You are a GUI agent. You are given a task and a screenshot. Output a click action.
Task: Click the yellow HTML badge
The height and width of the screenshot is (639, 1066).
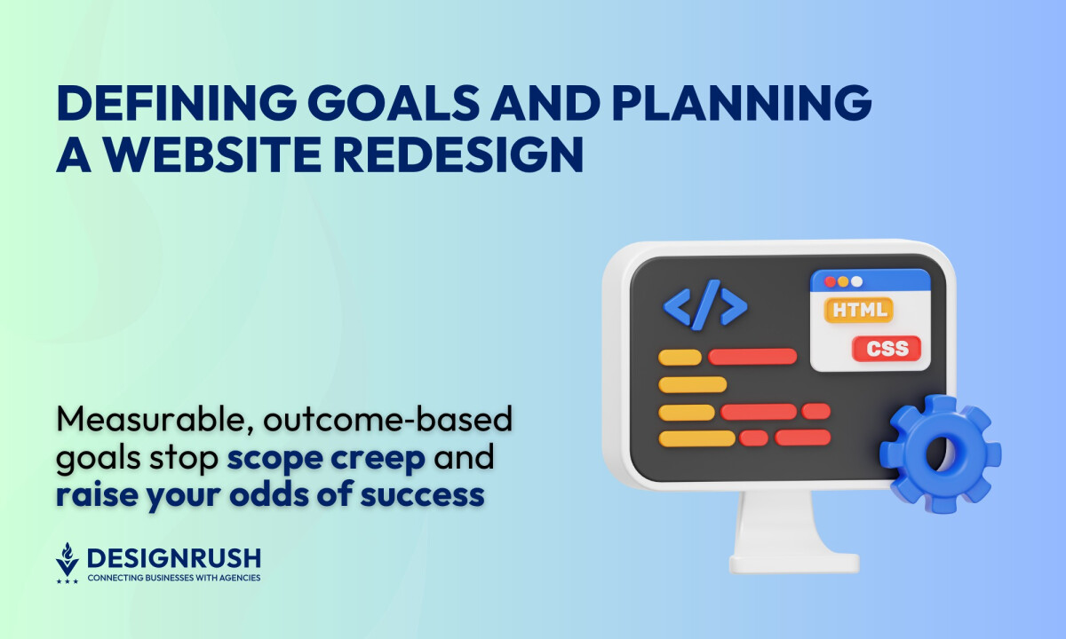tap(859, 310)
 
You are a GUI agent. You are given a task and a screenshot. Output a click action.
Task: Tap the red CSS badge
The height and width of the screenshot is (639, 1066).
tap(887, 348)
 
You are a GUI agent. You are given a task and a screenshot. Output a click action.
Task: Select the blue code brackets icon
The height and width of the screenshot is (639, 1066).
tap(705, 306)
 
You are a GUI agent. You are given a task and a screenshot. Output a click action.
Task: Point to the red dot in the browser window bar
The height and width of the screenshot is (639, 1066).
tap(831, 282)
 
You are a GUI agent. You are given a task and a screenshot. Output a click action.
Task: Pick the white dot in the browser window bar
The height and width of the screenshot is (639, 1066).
tap(856, 282)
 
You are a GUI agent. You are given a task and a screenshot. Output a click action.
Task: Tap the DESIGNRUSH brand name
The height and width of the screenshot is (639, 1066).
tap(173, 558)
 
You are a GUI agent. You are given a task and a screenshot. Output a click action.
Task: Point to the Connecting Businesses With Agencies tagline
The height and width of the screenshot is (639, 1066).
tap(173, 578)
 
